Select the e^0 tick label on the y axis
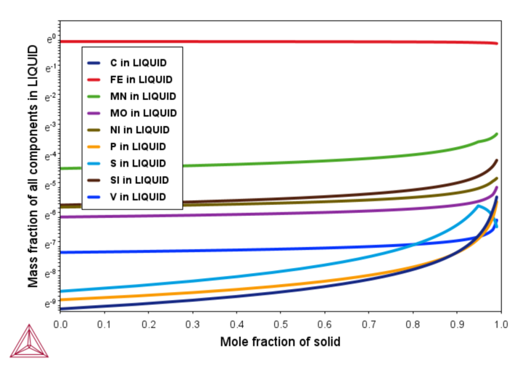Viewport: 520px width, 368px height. [51, 38]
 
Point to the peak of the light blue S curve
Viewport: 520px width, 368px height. [478, 206]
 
